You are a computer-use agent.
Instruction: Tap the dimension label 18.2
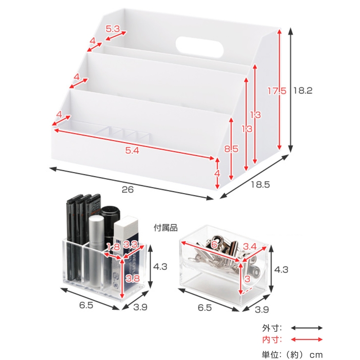(x=303, y=90)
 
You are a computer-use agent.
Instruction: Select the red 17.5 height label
(x=277, y=91)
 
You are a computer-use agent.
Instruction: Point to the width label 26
(x=127, y=190)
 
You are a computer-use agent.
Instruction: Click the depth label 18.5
(x=260, y=184)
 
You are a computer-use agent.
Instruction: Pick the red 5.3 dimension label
(x=113, y=29)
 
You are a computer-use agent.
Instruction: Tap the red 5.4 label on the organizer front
(x=132, y=151)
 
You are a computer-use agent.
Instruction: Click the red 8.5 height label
(x=231, y=149)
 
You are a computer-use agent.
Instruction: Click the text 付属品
(x=165, y=228)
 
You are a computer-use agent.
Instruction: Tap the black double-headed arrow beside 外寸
(x=307, y=328)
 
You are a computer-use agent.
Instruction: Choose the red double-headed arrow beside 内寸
(x=307, y=340)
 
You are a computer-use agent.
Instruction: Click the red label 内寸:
(x=272, y=340)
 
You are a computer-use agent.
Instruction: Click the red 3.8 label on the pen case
(x=133, y=278)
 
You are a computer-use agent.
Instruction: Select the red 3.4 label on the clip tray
(x=250, y=247)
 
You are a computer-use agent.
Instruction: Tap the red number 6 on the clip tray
(x=214, y=245)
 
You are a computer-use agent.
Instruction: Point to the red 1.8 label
(x=113, y=247)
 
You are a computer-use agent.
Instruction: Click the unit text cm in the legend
(x=316, y=355)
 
